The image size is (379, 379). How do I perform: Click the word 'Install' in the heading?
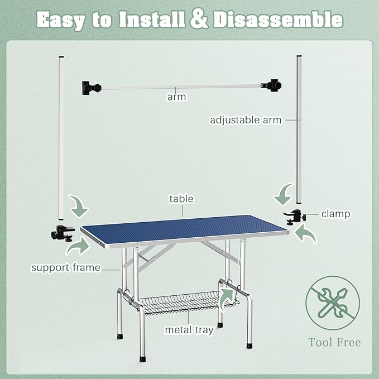coord(152,20)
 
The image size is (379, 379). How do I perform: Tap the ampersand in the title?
coord(199,20)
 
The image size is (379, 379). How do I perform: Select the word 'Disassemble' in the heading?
coord(278,20)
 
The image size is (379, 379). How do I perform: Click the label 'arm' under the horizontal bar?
coord(177,97)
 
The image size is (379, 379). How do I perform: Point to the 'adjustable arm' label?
coord(246,120)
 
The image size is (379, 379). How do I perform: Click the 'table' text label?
coord(181,199)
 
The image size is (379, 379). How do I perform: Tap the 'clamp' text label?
coord(335,214)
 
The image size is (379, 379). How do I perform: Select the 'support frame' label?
coord(66,267)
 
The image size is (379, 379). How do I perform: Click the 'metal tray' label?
coord(189,330)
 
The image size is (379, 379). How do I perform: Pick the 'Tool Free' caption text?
coord(334,342)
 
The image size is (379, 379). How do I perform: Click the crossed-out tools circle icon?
coord(333,303)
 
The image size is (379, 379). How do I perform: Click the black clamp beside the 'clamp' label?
coord(295,217)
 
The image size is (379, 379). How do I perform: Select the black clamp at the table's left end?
coord(63,233)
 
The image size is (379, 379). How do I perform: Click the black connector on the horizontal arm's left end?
coord(92,88)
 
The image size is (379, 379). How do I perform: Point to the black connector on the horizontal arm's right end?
coord(272,85)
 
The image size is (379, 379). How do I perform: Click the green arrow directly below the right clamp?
coord(305,234)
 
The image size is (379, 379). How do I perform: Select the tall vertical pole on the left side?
coord(61,138)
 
